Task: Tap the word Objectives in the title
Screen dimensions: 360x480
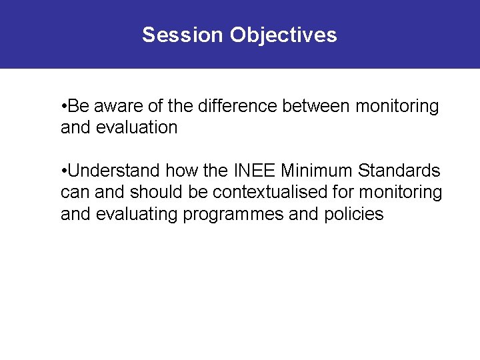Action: point(283,35)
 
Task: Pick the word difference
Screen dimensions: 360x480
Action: point(231,107)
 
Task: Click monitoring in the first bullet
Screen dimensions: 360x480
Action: point(397,107)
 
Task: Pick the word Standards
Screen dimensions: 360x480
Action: point(399,171)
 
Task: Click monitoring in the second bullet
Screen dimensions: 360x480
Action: point(401,193)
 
